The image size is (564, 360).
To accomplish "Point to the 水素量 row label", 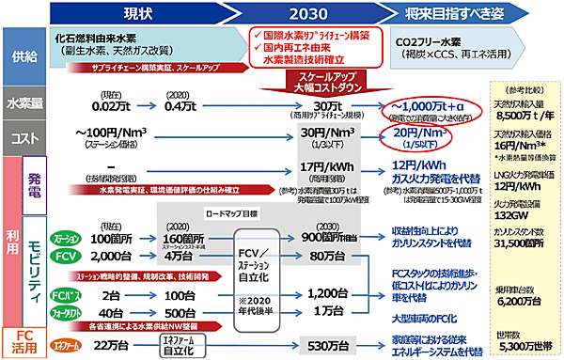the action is [21, 104].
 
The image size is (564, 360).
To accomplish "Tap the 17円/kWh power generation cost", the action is [315, 167].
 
